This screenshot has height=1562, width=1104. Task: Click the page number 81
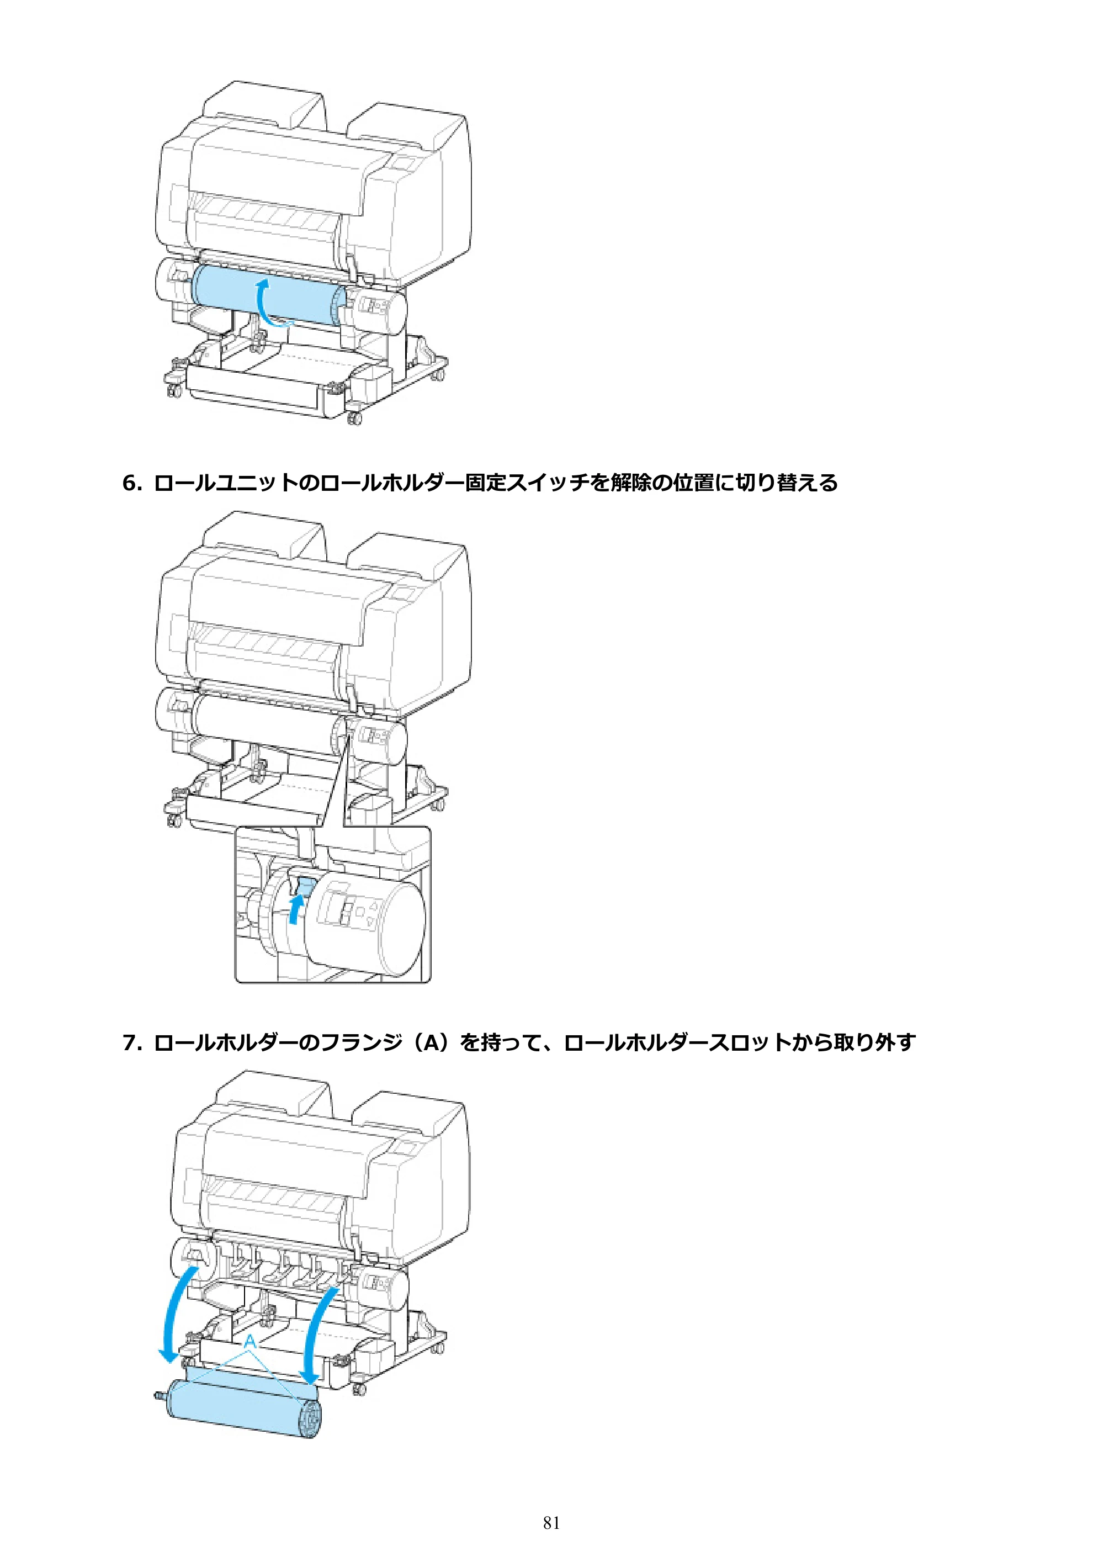coord(551,1523)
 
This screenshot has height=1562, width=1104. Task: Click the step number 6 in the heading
coord(129,484)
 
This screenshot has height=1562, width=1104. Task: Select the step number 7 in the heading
coord(129,1042)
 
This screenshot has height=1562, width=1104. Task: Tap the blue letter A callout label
coord(250,1341)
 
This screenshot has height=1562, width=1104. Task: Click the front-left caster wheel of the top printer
coord(173,391)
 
